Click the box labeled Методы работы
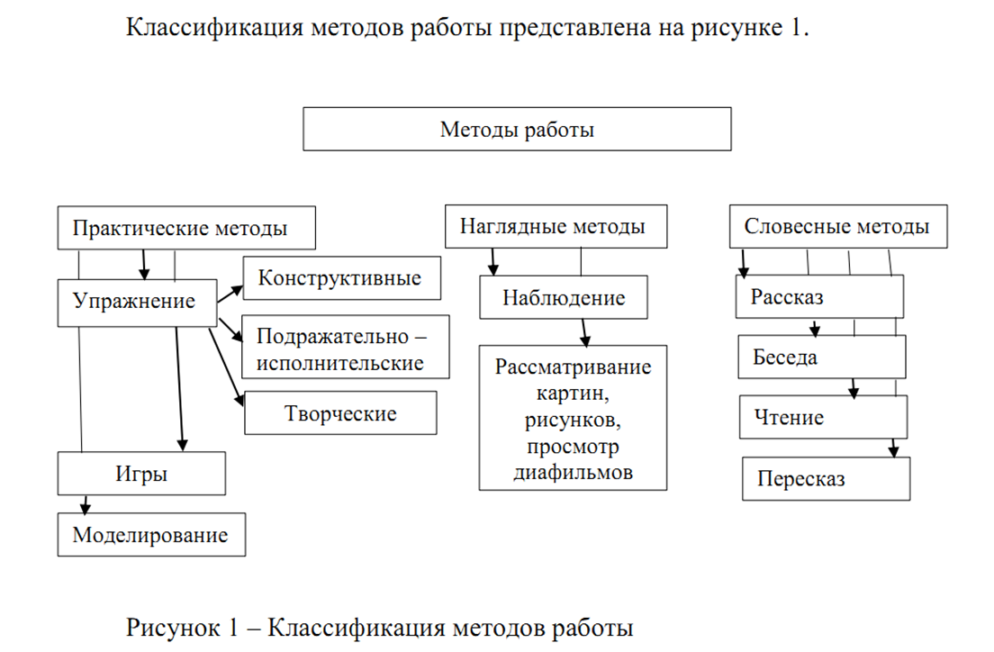pyautogui.click(x=517, y=130)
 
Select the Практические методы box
pyautogui.click(x=186, y=228)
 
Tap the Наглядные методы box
pyautogui.click(x=556, y=226)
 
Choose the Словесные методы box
pyautogui.click(x=837, y=226)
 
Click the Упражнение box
pyautogui.click(x=137, y=302)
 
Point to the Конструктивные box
pyautogui.click(x=341, y=277)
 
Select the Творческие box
pyautogui.click(x=340, y=413)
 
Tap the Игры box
pyautogui.click(x=141, y=473)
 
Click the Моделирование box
pyautogui.click(x=150, y=534)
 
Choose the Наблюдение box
pyautogui.click(x=563, y=297)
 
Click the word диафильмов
pyautogui.click(x=574, y=471)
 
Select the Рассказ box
pyautogui.click(x=818, y=297)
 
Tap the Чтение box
pyautogui.click(x=824, y=418)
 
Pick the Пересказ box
pyautogui.click(x=827, y=479)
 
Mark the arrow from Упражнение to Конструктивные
pyautogui.click(x=230, y=294)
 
